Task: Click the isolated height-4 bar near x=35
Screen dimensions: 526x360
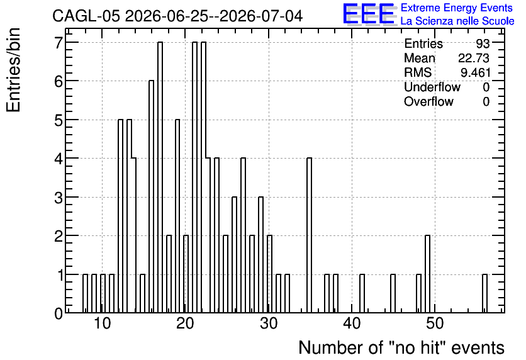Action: click(310, 235)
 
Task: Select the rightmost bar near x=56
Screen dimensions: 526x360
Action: click(484, 293)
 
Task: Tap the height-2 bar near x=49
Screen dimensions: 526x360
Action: click(427, 274)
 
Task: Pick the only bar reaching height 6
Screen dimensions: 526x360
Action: click(151, 196)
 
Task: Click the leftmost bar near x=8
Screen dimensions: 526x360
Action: click(85, 293)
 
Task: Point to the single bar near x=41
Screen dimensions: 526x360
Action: click(362, 293)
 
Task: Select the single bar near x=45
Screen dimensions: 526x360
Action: click(393, 293)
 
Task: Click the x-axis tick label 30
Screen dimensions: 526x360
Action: click(269, 323)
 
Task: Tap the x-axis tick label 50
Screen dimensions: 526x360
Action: click(435, 323)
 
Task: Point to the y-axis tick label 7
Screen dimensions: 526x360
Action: click(59, 42)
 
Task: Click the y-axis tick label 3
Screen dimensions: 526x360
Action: click(59, 197)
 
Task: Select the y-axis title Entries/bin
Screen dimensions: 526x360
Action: click(14, 70)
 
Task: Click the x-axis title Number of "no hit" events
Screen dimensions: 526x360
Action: click(401, 347)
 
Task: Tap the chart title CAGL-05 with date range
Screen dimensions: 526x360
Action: click(177, 16)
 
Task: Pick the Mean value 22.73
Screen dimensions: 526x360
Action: click(474, 58)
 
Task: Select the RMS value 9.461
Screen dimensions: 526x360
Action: click(475, 72)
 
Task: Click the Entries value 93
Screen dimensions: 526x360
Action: click(483, 43)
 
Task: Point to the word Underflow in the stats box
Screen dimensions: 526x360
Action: click(432, 87)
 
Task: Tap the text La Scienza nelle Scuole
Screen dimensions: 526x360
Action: click(457, 21)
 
